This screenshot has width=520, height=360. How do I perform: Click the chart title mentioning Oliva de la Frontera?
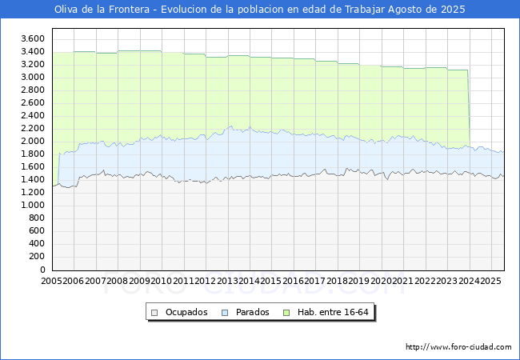[x=260, y=10]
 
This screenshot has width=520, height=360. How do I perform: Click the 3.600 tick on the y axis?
[x=33, y=38]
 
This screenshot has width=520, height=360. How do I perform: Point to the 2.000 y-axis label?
[x=33, y=142]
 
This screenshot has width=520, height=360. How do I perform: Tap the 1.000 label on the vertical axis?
[x=33, y=205]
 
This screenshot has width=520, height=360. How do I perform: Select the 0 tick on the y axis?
[x=42, y=270]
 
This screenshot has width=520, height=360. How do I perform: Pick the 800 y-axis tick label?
[x=37, y=218]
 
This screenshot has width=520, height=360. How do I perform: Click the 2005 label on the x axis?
[x=52, y=281]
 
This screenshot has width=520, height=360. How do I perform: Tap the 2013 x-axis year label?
[x=227, y=281]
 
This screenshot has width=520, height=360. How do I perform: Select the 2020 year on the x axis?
[x=381, y=281]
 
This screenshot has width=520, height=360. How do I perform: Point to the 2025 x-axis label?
[x=491, y=281]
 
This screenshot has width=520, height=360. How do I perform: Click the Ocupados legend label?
[x=186, y=312]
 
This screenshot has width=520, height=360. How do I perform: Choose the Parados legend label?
[x=252, y=312]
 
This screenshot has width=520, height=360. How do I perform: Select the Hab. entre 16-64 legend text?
[x=333, y=312]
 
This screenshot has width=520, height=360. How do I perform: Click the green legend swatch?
[x=286, y=313]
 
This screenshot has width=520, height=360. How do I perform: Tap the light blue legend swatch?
[x=225, y=313]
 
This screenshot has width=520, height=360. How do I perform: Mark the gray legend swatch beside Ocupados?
[x=154, y=313]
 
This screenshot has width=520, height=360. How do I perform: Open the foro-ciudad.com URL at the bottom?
[x=458, y=347]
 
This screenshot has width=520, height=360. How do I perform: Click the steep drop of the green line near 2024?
[x=469, y=108]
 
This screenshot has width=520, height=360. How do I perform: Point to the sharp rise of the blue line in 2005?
[x=58, y=168]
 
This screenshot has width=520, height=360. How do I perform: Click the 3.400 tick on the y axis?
[x=33, y=52]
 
